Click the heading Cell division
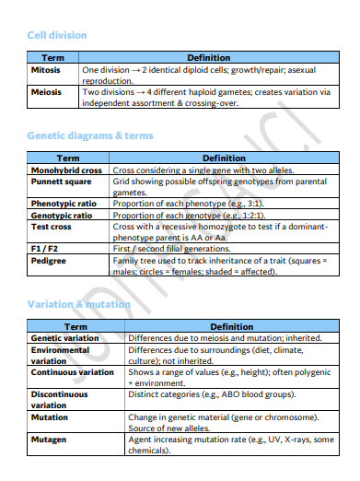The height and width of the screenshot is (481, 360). (x=57, y=35)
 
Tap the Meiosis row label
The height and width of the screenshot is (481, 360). (x=46, y=92)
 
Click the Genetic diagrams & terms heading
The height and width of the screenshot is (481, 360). (x=90, y=135)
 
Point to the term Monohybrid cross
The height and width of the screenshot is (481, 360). (x=66, y=170)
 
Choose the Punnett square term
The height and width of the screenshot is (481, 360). (x=59, y=182)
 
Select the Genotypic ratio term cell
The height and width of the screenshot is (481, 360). (x=62, y=215)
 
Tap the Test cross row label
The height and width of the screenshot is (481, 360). (x=52, y=226)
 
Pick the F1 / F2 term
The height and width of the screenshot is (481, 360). (x=46, y=249)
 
